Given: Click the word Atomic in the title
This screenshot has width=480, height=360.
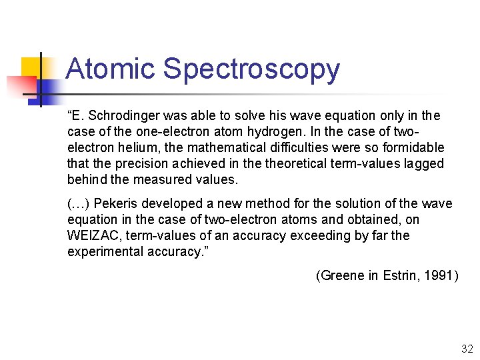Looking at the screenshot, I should pos(111,69).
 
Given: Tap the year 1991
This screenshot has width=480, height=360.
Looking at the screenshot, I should pos(439,276).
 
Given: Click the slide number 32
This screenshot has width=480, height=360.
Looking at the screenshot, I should pos(466,349).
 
